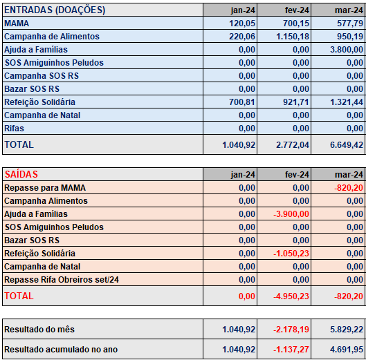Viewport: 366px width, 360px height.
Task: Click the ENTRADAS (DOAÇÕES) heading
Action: [x=55, y=10]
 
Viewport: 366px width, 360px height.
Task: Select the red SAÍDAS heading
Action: [x=21, y=174]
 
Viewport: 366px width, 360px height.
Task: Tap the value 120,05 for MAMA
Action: [x=242, y=23]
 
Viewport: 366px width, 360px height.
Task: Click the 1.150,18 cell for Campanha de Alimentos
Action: [x=293, y=37]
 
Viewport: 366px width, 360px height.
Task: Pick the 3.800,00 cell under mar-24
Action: [x=347, y=50]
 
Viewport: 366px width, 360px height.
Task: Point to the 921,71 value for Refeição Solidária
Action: [x=296, y=102]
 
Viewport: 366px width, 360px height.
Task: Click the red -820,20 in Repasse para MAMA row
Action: [x=349, y=188]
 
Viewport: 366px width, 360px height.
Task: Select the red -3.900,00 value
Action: [x=291, y=214]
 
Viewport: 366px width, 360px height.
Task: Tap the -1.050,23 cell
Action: [x=291, y=254]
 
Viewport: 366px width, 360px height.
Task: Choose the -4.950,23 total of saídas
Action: [x=291, y=296]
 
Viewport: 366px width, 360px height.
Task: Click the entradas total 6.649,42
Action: [x=347, y=145]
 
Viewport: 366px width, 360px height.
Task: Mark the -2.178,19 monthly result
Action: [x=291, y=330]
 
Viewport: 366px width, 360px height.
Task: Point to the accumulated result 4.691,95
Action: [x=347, y=350]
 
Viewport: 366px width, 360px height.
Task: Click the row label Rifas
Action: [x=14, y=129]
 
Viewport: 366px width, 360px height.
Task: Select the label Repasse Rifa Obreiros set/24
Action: [x=62, y=280]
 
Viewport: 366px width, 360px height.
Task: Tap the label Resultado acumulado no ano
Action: [x=61, y=350]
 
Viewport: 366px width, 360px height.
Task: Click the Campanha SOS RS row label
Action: [x=42, y=76]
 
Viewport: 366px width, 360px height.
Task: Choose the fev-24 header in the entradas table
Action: [x=297, y=10]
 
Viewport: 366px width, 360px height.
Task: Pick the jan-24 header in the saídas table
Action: [x=243, y=175]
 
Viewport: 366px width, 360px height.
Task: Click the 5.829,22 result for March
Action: [x=347, y=330]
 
